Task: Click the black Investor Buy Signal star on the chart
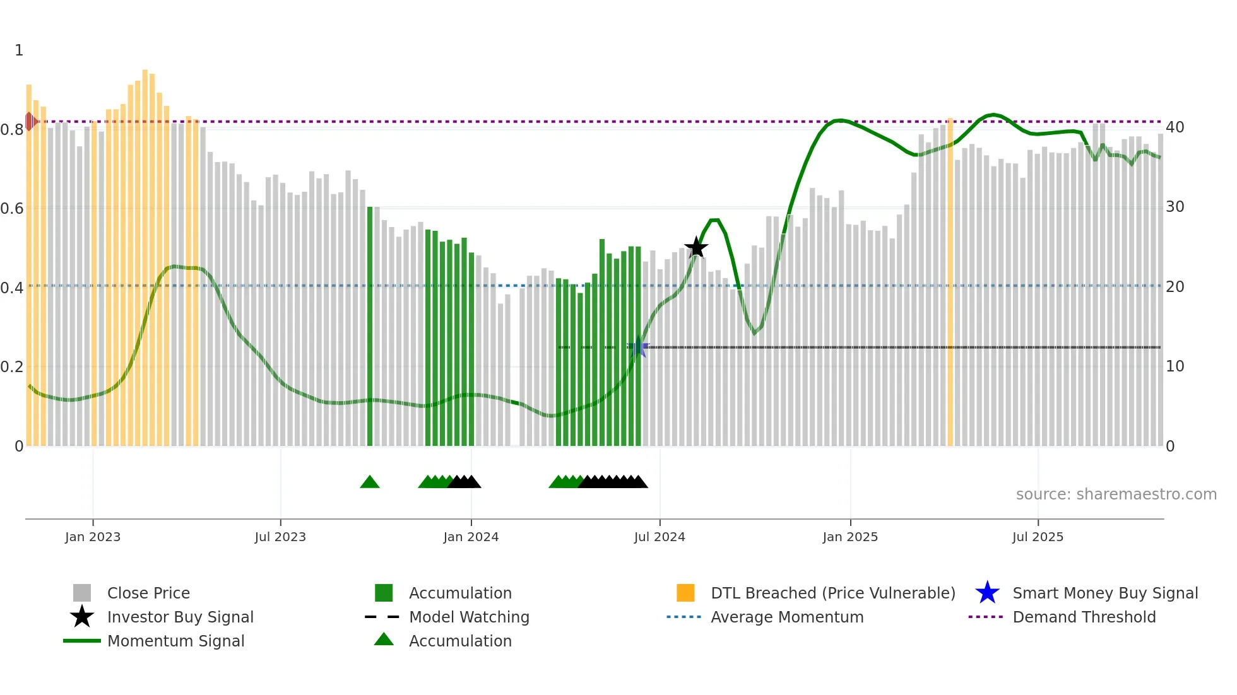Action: pyautogui.click(x=696, y=247)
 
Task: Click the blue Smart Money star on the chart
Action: pyautogui.click(x=639, y=347)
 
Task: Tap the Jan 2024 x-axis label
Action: pyautogui.click(x=471, y=537)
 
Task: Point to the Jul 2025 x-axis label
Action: pyautogui.click(x=1038, y=537)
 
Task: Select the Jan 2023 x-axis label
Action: pyautogui.click(x=93, y=537)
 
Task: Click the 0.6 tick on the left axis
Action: pyautogui.click(x=11, y=208)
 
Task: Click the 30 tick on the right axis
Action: pyautogui.click(x=1175, y=207)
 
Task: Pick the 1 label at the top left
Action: pyautogui.click(x=19, y=50)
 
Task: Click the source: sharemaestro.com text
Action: pyautogui.click(x=1116, y=494)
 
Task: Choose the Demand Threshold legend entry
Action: pyautogui.click(x=1084, y=617)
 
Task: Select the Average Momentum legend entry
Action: pyautogui.click(x=786, y=617)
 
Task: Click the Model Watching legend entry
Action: pyautogui.click(x=468, y=617)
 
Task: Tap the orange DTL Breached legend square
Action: pyautogui.click(x=685, y=593)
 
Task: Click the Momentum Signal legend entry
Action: pyautogui.click(x=175, y=641)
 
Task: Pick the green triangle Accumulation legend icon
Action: pyautogui.click(x=384, y=640)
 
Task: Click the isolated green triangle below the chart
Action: pyautogui.click(x=370, y=482)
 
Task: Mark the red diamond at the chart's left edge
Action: pyautogui.click(x=30, y=121)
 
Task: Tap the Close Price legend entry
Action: pyautogui.click(x=148, y=593)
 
